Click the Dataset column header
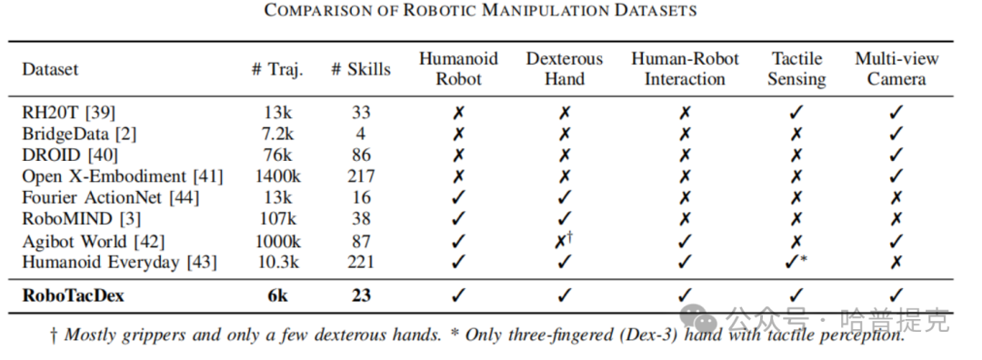(x=50, y=69)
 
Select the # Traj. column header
(x=276, y=69)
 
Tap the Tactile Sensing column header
(x=797, y=69)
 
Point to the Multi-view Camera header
(x=897, y=69)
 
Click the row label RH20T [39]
(x=69, y=113)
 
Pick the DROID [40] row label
(x=69, y=155)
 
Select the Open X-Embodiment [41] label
(x=123, y=176)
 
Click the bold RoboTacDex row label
(x=74, y=295)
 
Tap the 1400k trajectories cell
(x=277, y=176)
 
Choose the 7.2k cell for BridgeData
(x=277, y=134)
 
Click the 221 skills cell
(x=361, y=262)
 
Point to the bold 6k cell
(x=277, y=295)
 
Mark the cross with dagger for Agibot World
(x=564, y=241)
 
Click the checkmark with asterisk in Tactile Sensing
(x=796, y=263)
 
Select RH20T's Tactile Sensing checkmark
(x=797, y=113)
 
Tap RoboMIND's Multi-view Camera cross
(x=897, y=219)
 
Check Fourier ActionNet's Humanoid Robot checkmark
(x=459, y=198)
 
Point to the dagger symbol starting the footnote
(x=55, y=335)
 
